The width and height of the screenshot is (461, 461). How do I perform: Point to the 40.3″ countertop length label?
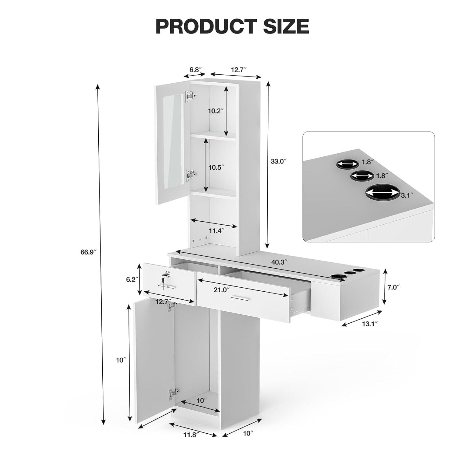coord(279,262)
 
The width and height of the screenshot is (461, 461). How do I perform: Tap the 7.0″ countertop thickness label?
coord(393,287)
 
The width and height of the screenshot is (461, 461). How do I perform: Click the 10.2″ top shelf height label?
coord(215,111)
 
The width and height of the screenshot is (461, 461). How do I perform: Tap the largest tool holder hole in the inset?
coord(381,192)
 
